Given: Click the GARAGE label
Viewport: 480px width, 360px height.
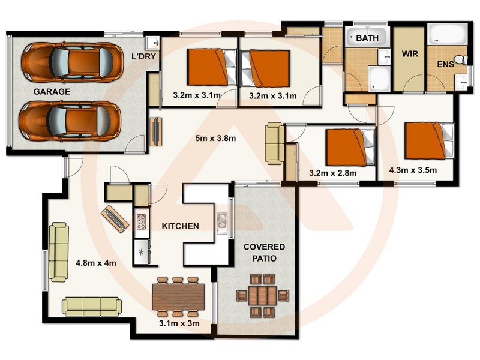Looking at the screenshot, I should pos(52,92).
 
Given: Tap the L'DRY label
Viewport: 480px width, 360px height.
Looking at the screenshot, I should pos(144,57).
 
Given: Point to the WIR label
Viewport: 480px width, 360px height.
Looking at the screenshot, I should pos(409,53).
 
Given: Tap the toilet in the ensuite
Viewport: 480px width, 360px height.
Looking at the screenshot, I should pos(460,60).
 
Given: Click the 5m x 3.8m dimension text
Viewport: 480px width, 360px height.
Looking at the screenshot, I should pos(215,139).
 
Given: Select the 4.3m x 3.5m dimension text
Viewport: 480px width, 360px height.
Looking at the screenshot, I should pos(413,170).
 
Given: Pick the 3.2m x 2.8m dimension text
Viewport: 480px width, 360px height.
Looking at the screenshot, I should pos(332,173).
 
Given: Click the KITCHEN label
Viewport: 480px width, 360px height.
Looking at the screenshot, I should pos(181,226).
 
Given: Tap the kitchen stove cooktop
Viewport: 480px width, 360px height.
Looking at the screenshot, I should pos(142,221).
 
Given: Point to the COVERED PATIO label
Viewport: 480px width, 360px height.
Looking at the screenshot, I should pos(264,253).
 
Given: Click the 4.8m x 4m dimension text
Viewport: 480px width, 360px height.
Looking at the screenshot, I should pos(96,262).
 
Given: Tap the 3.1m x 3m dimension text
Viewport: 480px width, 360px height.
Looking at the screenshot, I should pos(179,323).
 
